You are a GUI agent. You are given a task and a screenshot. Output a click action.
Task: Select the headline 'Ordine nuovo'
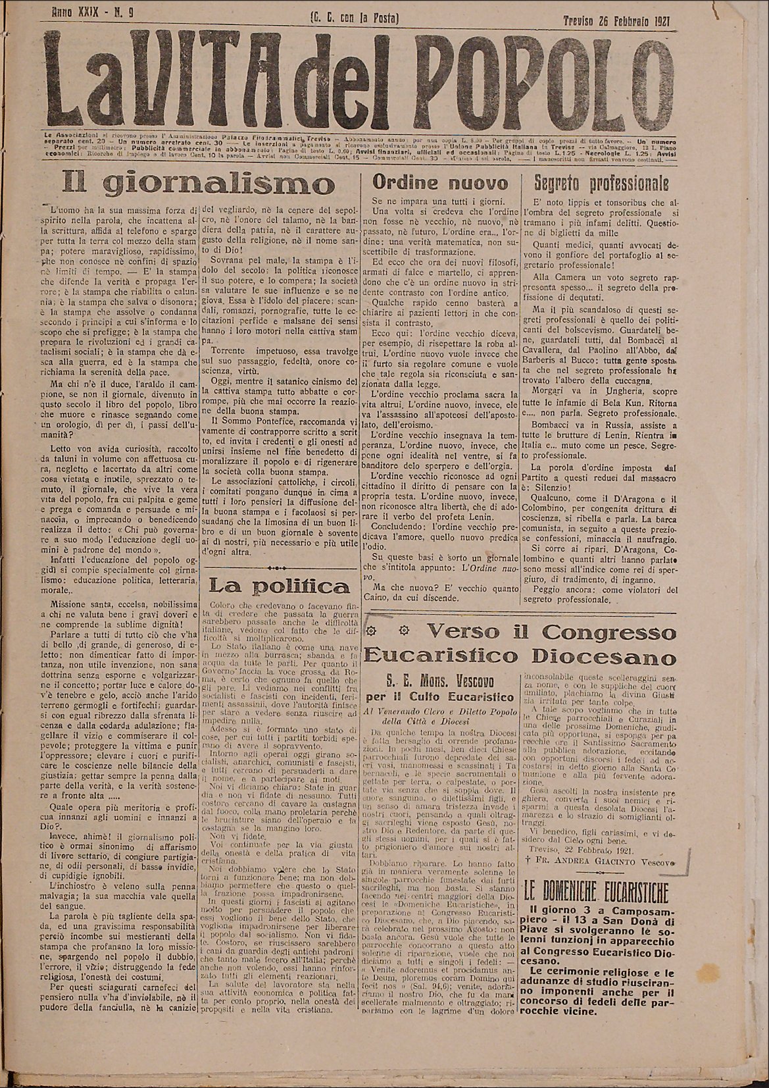(x=440, y=182)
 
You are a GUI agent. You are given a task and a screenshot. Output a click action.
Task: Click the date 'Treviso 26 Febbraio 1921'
(x=621, y=19)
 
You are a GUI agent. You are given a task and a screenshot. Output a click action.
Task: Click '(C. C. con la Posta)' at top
(x=355, y=18)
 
